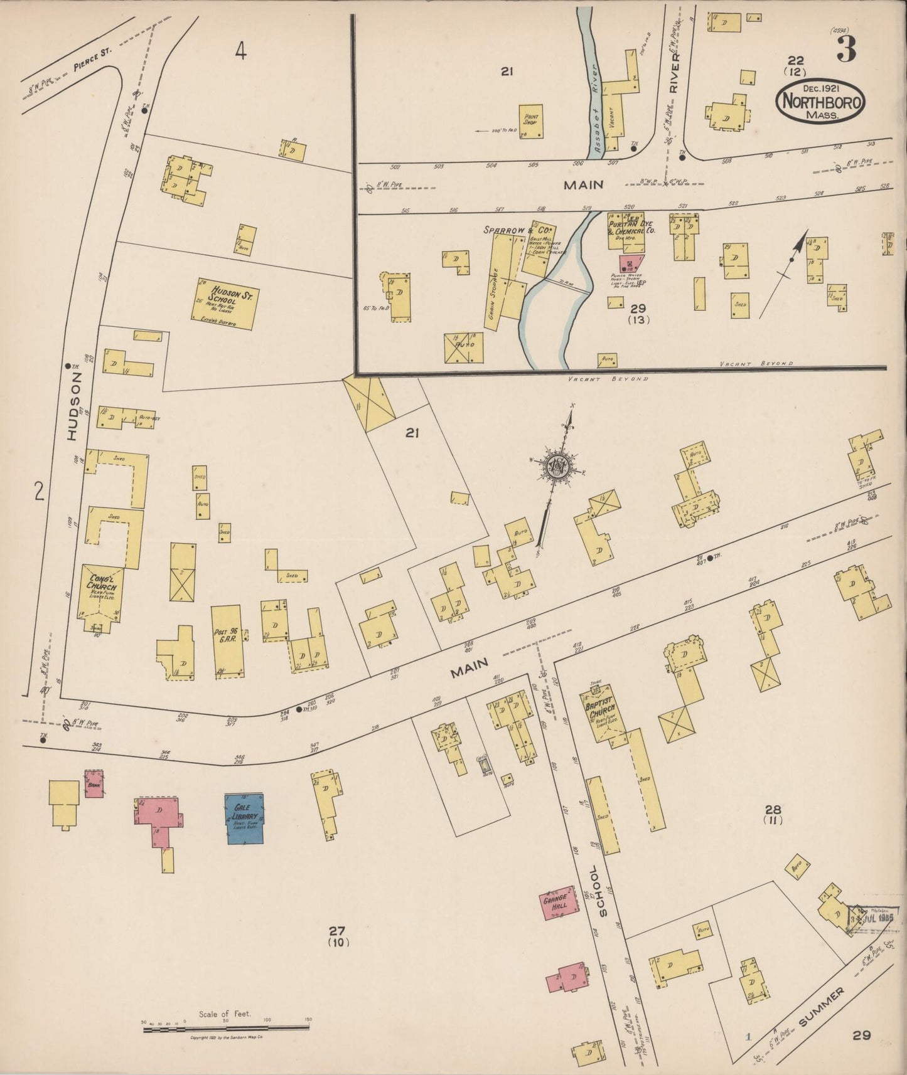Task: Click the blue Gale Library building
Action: click(244, 818)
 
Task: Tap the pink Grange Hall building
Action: click(557, 904)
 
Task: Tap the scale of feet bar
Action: click(226, 1027)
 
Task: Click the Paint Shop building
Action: click(531, 120)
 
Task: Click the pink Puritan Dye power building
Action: click(630, 263)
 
